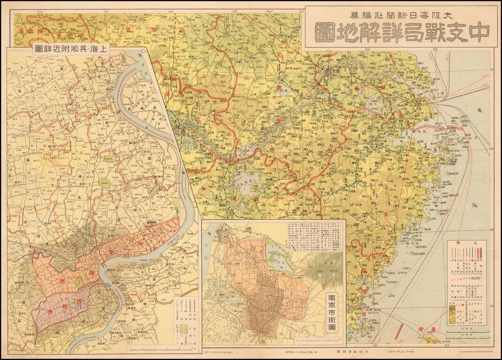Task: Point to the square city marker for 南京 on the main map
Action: click(x=329, y=73)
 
